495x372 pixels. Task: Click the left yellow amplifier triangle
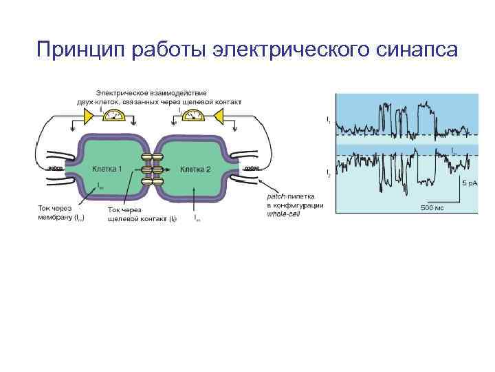90,117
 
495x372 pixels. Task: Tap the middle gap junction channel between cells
152,169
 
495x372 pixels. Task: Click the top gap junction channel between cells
152,158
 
